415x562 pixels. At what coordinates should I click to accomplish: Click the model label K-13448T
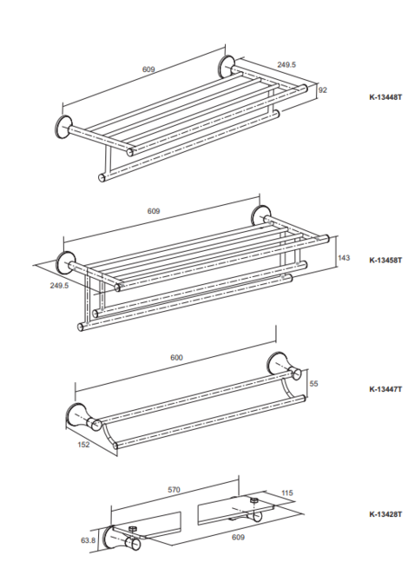click(x=385, y=96)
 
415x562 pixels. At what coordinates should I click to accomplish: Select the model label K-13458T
click(x=385, y=260)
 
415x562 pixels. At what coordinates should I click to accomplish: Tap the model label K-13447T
click(x=385, y=389)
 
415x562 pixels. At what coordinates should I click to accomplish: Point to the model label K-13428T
click(x=385, y=514)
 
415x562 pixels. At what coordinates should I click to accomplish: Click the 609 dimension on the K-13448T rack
click(x=148, y=69)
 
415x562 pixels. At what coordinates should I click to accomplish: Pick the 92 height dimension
click(x=323, y=90)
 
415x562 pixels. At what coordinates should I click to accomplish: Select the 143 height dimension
click(x=344, y=258)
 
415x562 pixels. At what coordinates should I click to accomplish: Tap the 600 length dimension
click(x=176, y=357)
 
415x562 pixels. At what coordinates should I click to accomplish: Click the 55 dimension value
click(x=313, y=384)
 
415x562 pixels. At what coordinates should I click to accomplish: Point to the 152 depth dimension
click(x=83, y=445)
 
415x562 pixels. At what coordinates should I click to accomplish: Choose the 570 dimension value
click(x=174, y=490)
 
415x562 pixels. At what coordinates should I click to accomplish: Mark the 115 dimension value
click(x=287, y=493)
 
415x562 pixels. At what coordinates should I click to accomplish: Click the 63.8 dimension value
click(x=89, y=539)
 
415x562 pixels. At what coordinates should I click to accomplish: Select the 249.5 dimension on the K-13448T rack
click(x=287, y=64)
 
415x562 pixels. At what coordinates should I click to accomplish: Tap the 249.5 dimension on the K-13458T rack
click(x=59, y=285)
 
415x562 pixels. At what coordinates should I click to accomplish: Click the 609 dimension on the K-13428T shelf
click(x=238, y=537)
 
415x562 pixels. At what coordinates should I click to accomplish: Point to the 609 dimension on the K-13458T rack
click(x=154, y=211)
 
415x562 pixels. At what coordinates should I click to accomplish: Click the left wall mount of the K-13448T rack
click(x=63, y=127)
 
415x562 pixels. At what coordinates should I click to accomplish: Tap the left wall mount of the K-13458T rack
click(x=66, y=261)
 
